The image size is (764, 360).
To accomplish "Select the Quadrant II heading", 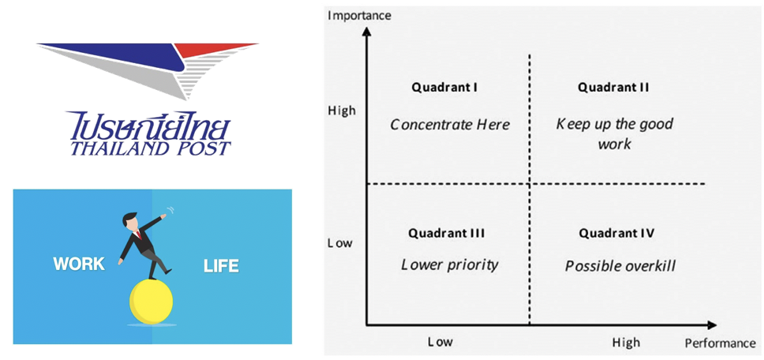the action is (x=613, y=88).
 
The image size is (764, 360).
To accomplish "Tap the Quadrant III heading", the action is (x=446, y=234).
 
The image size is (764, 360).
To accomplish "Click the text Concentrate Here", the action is (x=450, y=125).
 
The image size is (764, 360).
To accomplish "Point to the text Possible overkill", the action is (x=620, y=266).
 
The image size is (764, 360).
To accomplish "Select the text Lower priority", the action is (x=450, y=264).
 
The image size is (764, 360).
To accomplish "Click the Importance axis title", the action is (x=360, y=16).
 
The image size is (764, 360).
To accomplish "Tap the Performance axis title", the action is (x=720, y=343).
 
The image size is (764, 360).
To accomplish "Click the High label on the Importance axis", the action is (x=342, y=111).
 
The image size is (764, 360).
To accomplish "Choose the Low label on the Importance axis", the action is (x=340, y=243).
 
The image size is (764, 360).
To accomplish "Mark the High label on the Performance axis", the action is (x=626, y=343).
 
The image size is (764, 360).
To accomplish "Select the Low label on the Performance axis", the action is (x=440, y=342).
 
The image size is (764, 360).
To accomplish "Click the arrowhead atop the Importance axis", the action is (x=367, y=32).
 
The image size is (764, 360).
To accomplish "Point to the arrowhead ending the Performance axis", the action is (x=711, y=325).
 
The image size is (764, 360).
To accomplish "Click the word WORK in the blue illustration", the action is (x=79, y=264).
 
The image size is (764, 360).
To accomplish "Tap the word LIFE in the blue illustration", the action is (x=221, y=266).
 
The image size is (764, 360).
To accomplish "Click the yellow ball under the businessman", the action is (x=151, y=302).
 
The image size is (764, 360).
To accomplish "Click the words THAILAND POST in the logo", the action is (x=150, y=148).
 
